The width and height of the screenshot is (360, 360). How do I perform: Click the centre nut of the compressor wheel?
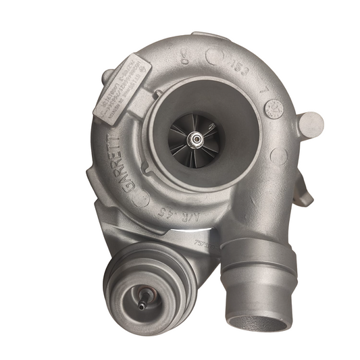point(196,139)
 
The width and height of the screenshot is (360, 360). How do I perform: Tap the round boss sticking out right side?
point(311,123)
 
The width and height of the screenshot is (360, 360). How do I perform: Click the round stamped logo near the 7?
point(276,107)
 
